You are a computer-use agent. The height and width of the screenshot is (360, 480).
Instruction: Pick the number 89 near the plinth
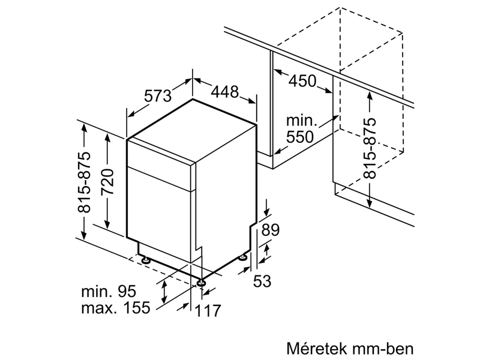(271, 230)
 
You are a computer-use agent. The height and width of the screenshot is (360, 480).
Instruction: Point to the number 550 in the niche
(299, 137)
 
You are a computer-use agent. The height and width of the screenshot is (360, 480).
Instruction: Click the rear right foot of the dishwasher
(242, 257)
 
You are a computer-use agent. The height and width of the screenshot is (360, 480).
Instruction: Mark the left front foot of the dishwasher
(146, 260)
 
